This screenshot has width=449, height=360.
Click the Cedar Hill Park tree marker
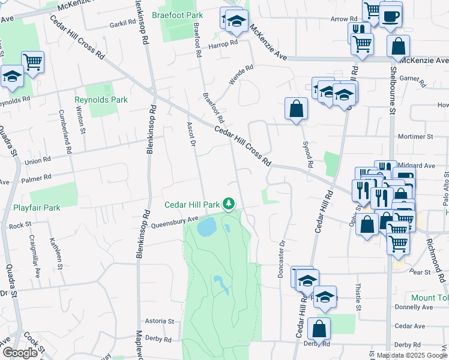229,205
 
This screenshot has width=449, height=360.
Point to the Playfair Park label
37,208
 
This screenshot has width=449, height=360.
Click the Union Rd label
37,161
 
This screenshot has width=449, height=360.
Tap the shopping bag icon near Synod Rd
296,109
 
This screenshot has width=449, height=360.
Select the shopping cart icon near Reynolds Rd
33,61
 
